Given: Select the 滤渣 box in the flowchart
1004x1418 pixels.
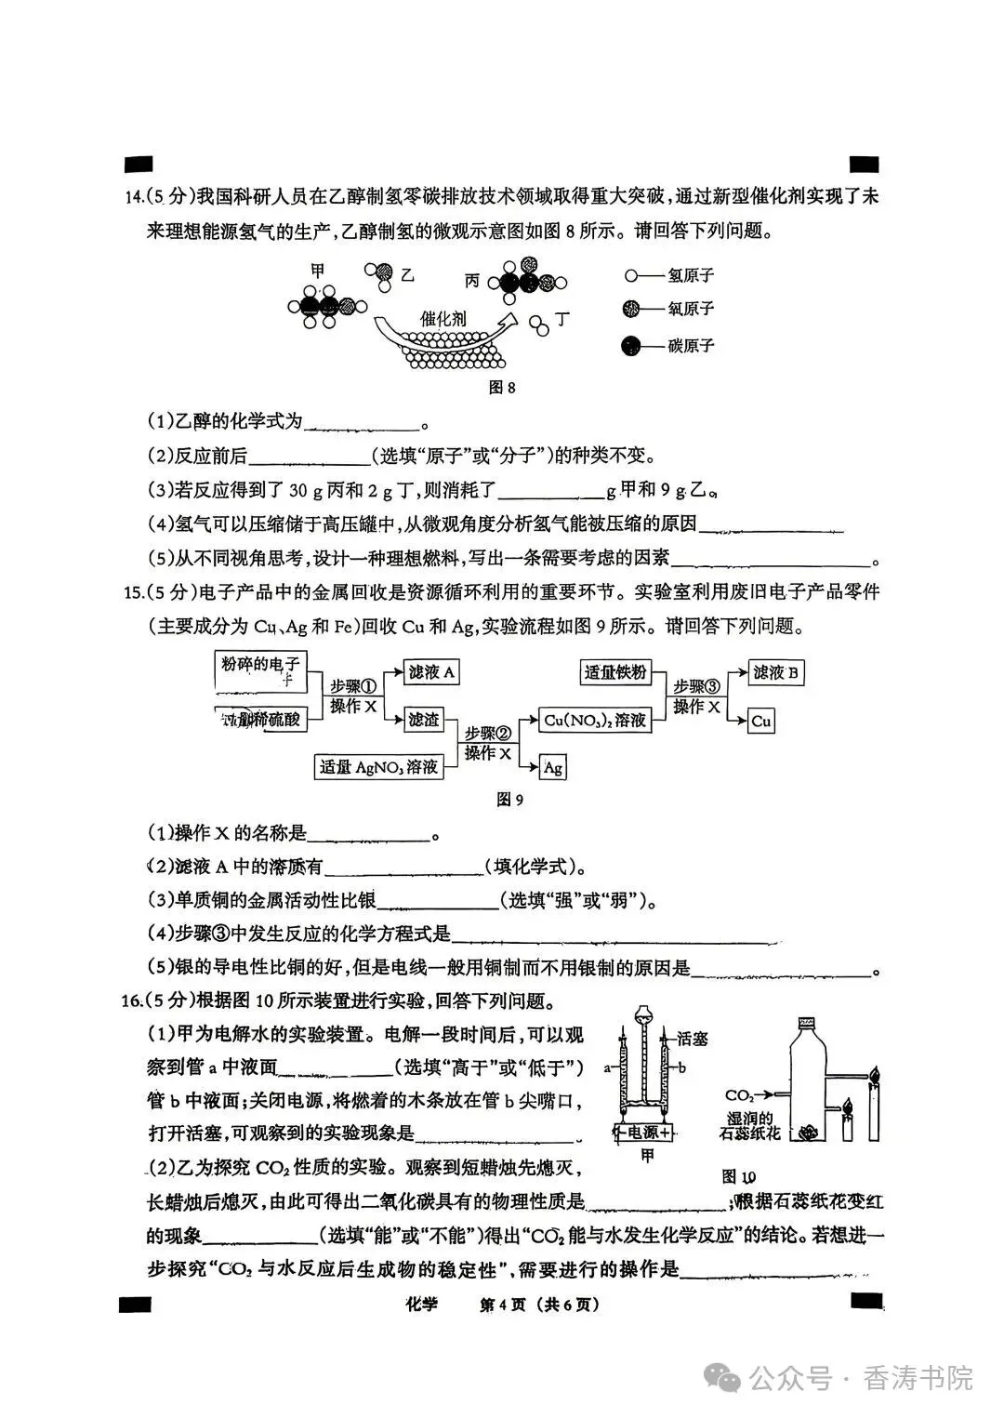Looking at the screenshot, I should [x=424, y=719].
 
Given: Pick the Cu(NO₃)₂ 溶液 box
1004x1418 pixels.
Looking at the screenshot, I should [x=595, y=720].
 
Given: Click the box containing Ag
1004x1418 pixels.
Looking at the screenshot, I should [x=553, y=767].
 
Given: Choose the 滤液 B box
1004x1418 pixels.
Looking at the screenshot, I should [x=776, y=672].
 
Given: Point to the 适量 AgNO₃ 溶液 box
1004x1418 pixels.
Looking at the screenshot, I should [x=378, y=767].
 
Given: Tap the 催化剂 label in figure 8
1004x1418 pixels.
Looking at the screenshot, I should [x=443, y=318].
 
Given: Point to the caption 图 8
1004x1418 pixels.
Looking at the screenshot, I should [x=502, y=388].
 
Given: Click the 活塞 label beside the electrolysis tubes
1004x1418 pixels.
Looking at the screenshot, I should [x=693, y=1039].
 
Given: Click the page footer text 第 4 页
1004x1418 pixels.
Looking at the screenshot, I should [x=503, y=1305].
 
